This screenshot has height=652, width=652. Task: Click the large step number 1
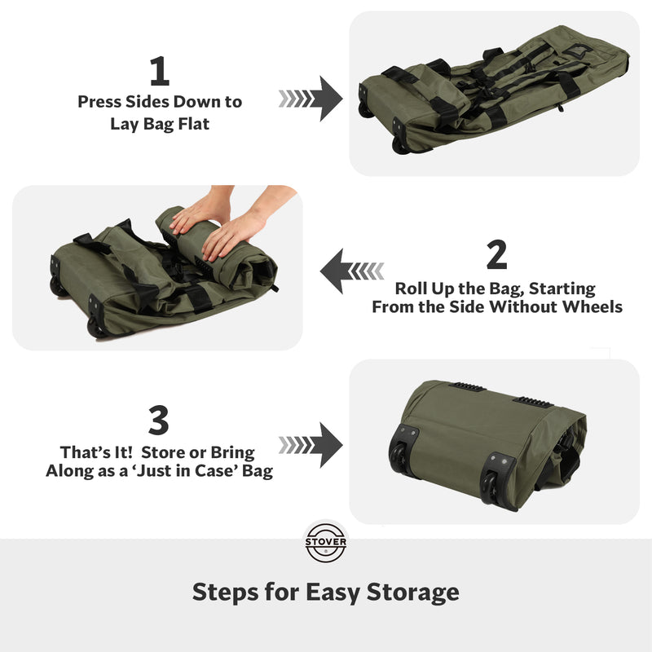tap(160, 71)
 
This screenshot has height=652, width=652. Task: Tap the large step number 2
tap(497, 254)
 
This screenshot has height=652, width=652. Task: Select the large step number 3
tap(158, 420)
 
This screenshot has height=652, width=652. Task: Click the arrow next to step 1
tap(311, 99)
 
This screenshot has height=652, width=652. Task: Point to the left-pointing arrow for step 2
tap(352, 271)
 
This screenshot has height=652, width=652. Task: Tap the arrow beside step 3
tap(311, 445)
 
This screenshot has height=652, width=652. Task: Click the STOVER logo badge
tap(325, 542)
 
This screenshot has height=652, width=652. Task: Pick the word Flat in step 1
tap(194, 124)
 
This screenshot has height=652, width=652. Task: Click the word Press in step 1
tap(99, 102)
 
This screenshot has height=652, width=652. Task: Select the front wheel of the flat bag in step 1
tap(400, 144)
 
